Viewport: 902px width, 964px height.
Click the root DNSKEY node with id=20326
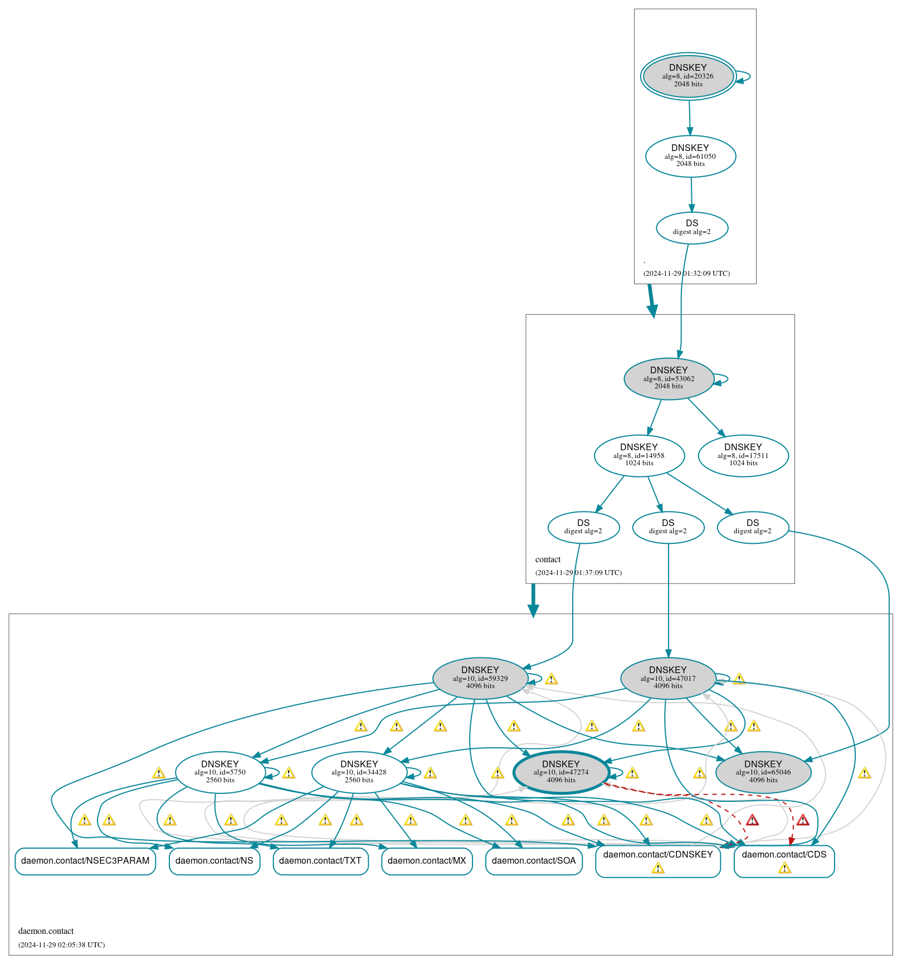pyautogui.click(x=688, y=76)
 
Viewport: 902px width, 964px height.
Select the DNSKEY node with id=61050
pyautogui.click(x=690, y=156)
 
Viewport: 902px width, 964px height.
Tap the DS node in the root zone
pyautogui.click(x=692, y=227)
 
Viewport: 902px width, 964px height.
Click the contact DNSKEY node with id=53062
pyautogui.click(x=669, y=379)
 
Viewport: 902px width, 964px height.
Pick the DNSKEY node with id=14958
pyautogui.click(x=639, y=455)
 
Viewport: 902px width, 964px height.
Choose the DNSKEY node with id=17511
pyautogui.click(x=743, y=455)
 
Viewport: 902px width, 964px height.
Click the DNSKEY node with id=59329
pyautogui.click(x=480, y=678)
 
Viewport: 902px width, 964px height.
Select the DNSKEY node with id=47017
pyautogui.click(x=668, y=678)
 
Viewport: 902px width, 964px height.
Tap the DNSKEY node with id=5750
pyautogui.click(x=220, y=772)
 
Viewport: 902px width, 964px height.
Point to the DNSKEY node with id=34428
pyautogui.click(x=359, y=772)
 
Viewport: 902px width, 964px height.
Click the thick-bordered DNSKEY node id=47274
pyautogui.click(x=561, y=772)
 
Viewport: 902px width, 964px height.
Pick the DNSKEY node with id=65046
pyautogui.click(x=763, y=772)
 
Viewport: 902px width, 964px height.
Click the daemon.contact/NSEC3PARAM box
pyautogui.click(x=85, y=861)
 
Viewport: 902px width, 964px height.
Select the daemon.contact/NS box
pyautogui.click(x=214, y=861)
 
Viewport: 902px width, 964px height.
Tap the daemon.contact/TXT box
pyautogui.click(x=320, y=861)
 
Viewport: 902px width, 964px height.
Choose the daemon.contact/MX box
pyautogui.click(x=427, y=861)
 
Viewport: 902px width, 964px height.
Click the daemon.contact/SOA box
pyautogui.click(x=534, y=861)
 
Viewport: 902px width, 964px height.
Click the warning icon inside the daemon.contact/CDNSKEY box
pyautogui.click(x=658, y=868)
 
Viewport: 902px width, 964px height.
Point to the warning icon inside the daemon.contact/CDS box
pyautogui.click(x=784, y=868)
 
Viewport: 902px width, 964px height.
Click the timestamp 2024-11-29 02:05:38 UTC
pyautogui.click(x=61, y=944)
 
